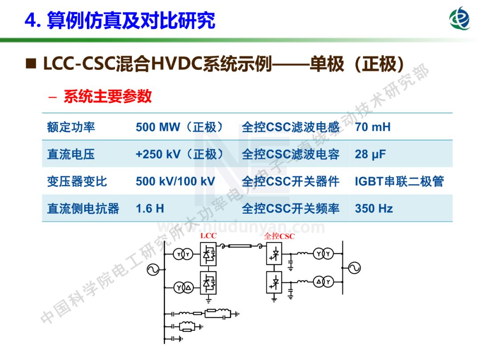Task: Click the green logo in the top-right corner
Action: (460, 18)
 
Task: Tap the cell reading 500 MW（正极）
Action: (179, 127)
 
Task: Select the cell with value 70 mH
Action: (373, 127)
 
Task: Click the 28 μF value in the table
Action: (370, 154)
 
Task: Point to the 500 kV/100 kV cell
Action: (175, 181)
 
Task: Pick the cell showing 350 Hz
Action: (374, 208)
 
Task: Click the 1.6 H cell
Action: (150, 208)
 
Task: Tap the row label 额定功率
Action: (71, 127)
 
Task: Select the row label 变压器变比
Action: (77, 182)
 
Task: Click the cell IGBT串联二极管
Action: (399, 181)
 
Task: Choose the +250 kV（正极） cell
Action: (179, 154)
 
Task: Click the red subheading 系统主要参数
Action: (107, 96)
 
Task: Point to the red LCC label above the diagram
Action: (208, 235)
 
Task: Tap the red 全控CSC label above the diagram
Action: (279, 236)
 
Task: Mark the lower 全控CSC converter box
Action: (274, 282)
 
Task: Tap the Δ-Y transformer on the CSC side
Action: (323, 282)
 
